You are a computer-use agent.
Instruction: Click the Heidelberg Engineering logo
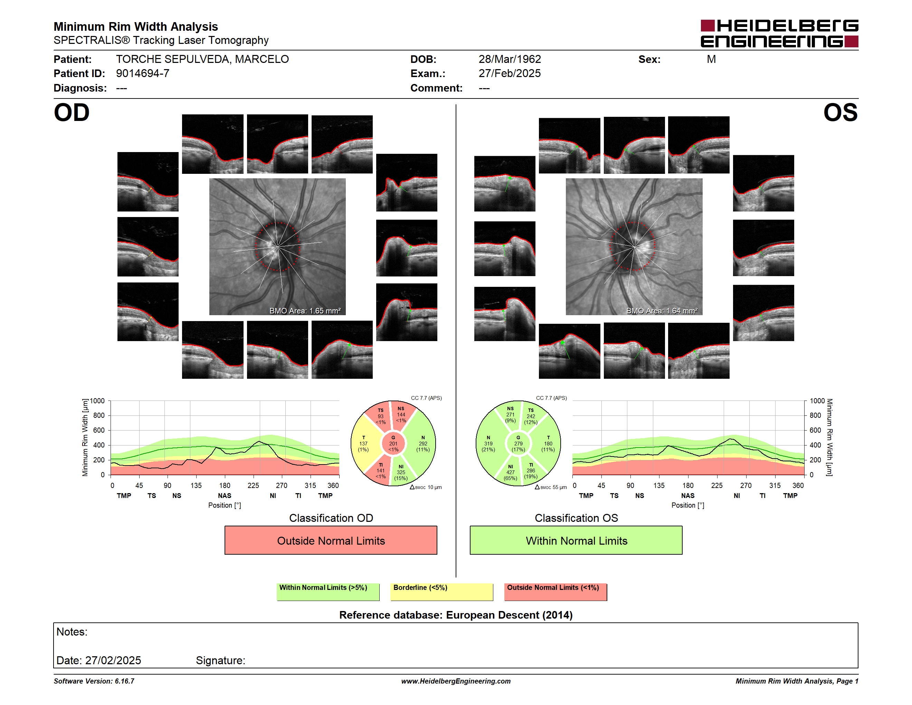click(779, 34)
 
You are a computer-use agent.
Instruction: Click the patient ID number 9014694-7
click(143, 74)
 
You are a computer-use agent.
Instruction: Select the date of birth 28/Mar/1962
click(510, 59)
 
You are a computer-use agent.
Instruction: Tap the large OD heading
click(72, 112)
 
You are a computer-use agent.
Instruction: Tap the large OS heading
click(840, 112)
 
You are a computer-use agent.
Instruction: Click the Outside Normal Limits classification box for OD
click(331, 540)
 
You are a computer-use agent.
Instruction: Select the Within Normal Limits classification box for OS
click(576, 540)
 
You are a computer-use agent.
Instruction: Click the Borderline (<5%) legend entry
click(442, 592)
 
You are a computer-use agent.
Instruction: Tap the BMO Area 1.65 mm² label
click(305, 311)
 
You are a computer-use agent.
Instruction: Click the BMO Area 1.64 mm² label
click(662, 311)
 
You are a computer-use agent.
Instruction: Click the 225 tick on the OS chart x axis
click(716, 485)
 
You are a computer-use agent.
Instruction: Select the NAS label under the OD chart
click(225, 496)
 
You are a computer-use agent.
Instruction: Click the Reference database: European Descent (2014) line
click(456, 615)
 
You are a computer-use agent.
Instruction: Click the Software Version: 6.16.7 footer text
click(94, 681)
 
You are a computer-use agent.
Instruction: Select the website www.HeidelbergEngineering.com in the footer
click(456, 681)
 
